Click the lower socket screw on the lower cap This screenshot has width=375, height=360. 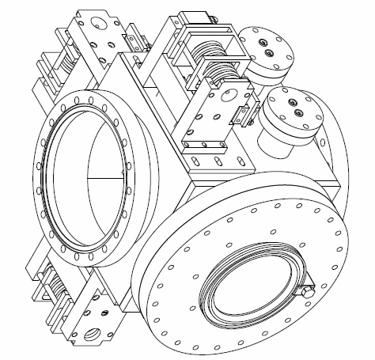299,112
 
